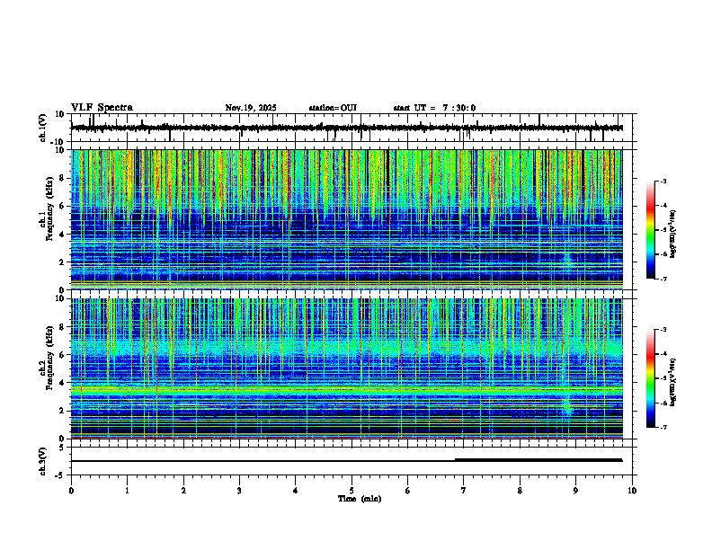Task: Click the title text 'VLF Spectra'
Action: pyautogui.click(x=102, y=108)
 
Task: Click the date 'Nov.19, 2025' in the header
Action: pyautogui.click(x=251, y=108)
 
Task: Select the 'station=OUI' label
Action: pyautogui.click(x=333, y=108)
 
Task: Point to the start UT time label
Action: pyautogui.click(x=434, y=108)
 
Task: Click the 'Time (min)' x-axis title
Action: pyautogui.click(x=360, y=498)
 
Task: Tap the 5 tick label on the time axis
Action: pyautogui.click(x=352, y=490)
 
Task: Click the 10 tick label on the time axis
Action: pyautogui.click(x=632, y=490)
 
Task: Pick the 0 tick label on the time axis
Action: pyautogui.click(x=71, y=490)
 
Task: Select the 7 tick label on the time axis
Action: pyautogui.click(x=464, y=490)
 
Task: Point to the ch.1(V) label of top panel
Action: pyautogui.click(x=43, y=128)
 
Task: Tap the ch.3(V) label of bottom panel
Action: pyautogui.click(x=43, y=459)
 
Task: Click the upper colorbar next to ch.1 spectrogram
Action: pyautogui.click(x=650, y=230)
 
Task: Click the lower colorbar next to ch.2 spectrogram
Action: pyautogui.click(x=650, y=378)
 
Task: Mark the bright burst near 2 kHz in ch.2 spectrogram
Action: pyautogui.click(x=567, y=409)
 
